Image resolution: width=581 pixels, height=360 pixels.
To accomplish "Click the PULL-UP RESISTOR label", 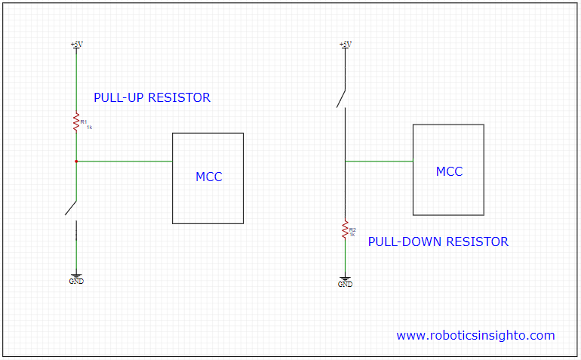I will [152, 98].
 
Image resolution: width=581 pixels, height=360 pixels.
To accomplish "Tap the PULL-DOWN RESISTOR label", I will [438, 242].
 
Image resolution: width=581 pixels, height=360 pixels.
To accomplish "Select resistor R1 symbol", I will [76, 123].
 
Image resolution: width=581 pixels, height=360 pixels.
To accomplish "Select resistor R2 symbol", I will [345, 229].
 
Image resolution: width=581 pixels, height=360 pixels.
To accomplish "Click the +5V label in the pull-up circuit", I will [76, 45].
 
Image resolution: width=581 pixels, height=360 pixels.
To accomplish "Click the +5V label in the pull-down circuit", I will [345, 45].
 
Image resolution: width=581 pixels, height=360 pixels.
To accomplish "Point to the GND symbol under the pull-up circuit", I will [76, 278].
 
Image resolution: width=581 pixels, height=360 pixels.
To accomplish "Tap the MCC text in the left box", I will [209, 177].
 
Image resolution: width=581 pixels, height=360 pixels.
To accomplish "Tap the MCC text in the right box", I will [449, 172].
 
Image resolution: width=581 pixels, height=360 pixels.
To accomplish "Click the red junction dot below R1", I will [76, 161].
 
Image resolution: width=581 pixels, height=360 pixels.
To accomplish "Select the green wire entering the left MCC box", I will [124, 161].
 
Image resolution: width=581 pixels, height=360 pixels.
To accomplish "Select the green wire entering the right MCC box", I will [379, 161].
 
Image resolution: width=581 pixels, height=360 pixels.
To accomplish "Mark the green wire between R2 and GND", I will [345, 257].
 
